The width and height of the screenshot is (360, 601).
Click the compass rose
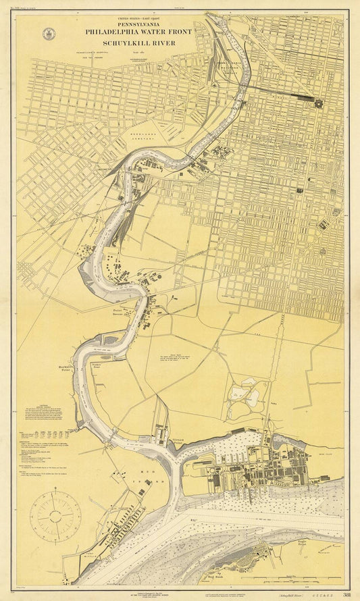tap(58, 516)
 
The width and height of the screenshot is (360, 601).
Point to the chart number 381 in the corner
tap(346, 595)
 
